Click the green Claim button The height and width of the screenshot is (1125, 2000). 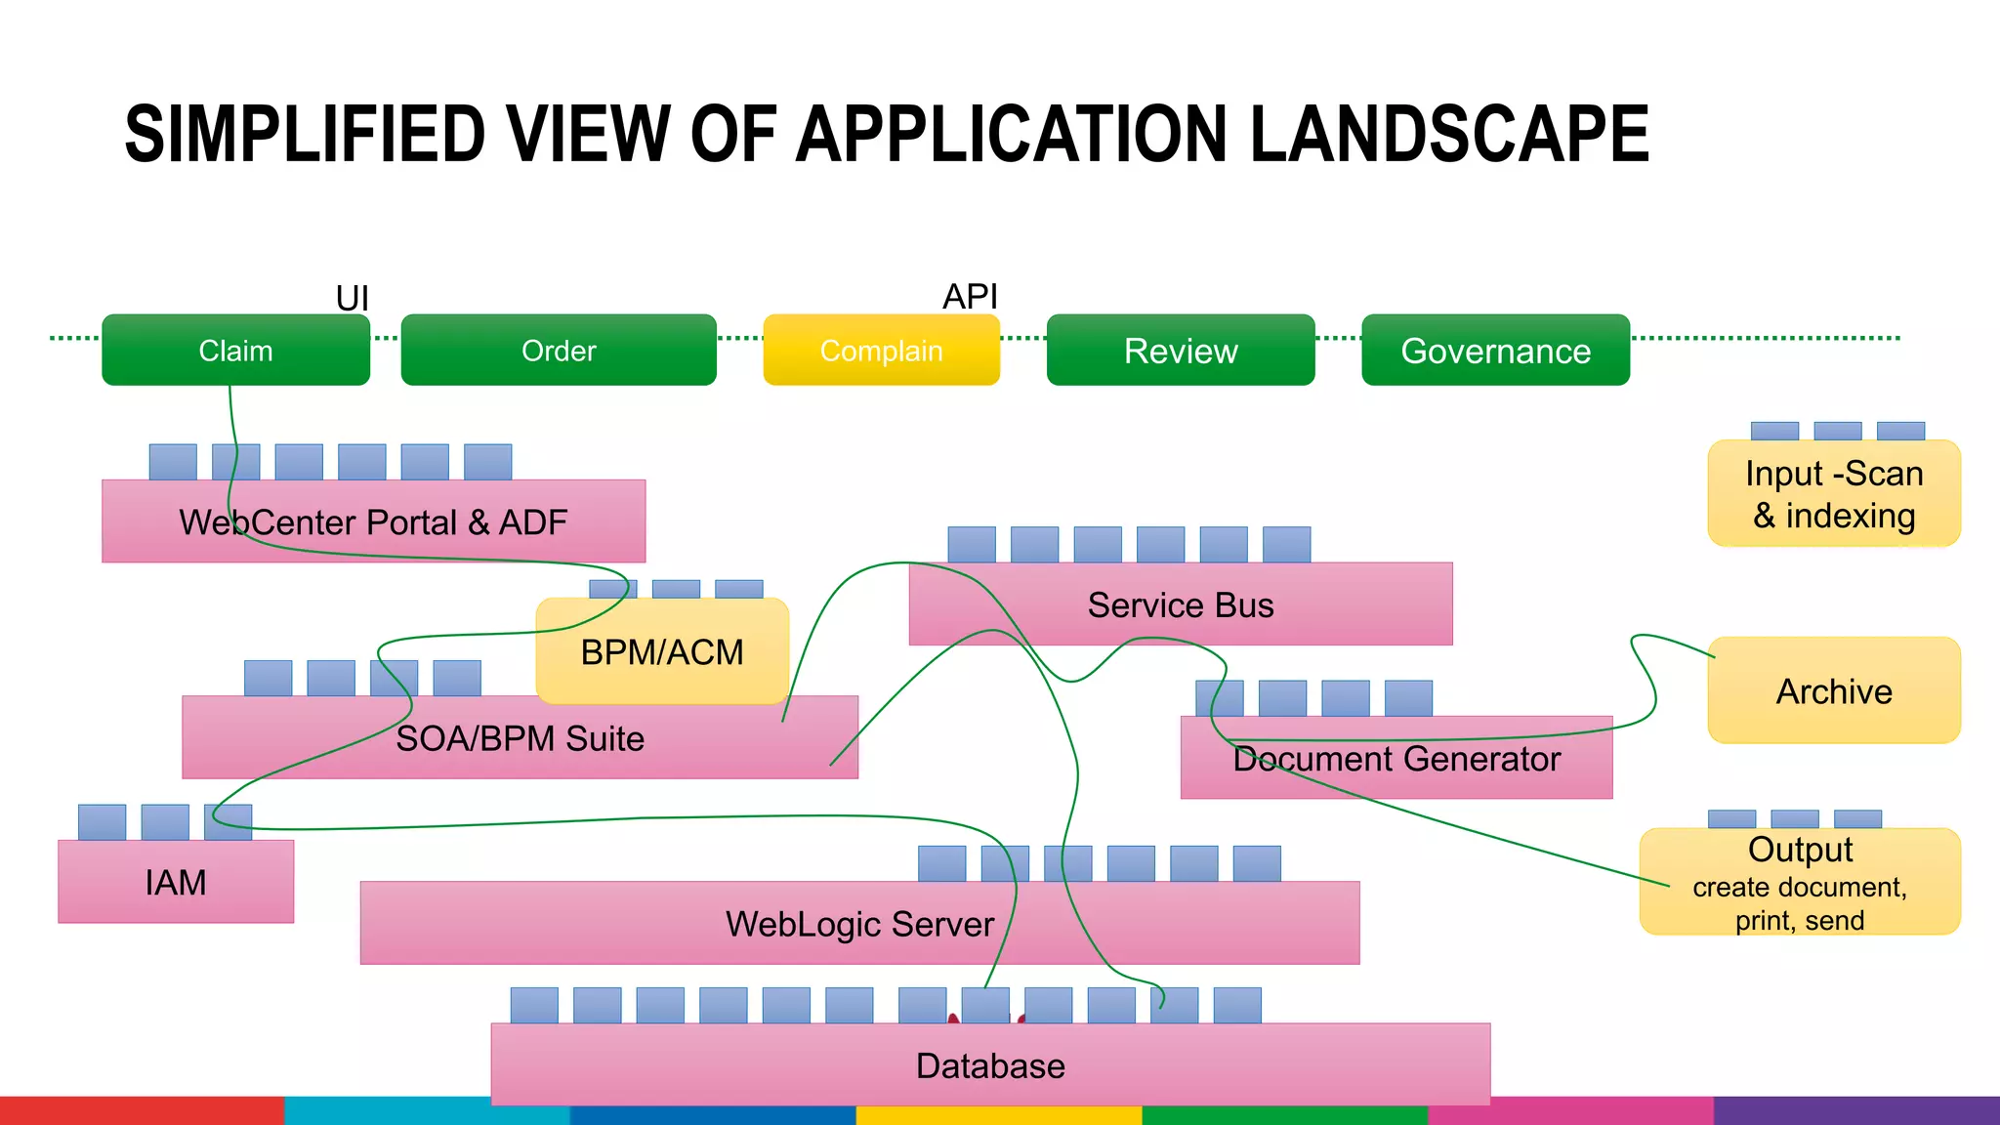click(x=235, y=351)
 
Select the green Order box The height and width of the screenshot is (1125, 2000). click(x=559, y=351)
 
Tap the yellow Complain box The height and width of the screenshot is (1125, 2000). click(x=881, y=351)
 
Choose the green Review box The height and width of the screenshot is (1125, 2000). click(x=1181, y=351)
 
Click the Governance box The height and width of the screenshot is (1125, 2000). click(x=1495, y=351)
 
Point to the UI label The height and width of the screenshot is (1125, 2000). click(x=353, y=298)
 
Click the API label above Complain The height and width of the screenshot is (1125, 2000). click(x=970, y=296)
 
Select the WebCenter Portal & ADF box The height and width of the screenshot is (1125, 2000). click(x=373, y=521)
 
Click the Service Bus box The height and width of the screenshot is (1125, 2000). click(x=1181, y=604)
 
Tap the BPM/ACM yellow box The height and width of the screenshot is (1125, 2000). click(x=662, y=651)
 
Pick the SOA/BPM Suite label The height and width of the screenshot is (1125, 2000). click(x=520, y=738)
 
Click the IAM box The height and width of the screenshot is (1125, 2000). click(x=176, y=882)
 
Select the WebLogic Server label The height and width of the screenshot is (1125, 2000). click(x=859, y=924)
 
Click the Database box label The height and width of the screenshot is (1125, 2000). click(x=990, y=1065)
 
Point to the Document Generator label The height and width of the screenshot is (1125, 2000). click(x=1396, y=759)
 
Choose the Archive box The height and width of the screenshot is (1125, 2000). click(x=1834, y=691)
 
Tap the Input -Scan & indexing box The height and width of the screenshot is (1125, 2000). click(x=1834, y=494)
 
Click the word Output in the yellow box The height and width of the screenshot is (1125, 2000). click(x=1800, y=849)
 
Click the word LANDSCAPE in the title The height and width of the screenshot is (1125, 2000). click(x=1449, y=135)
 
